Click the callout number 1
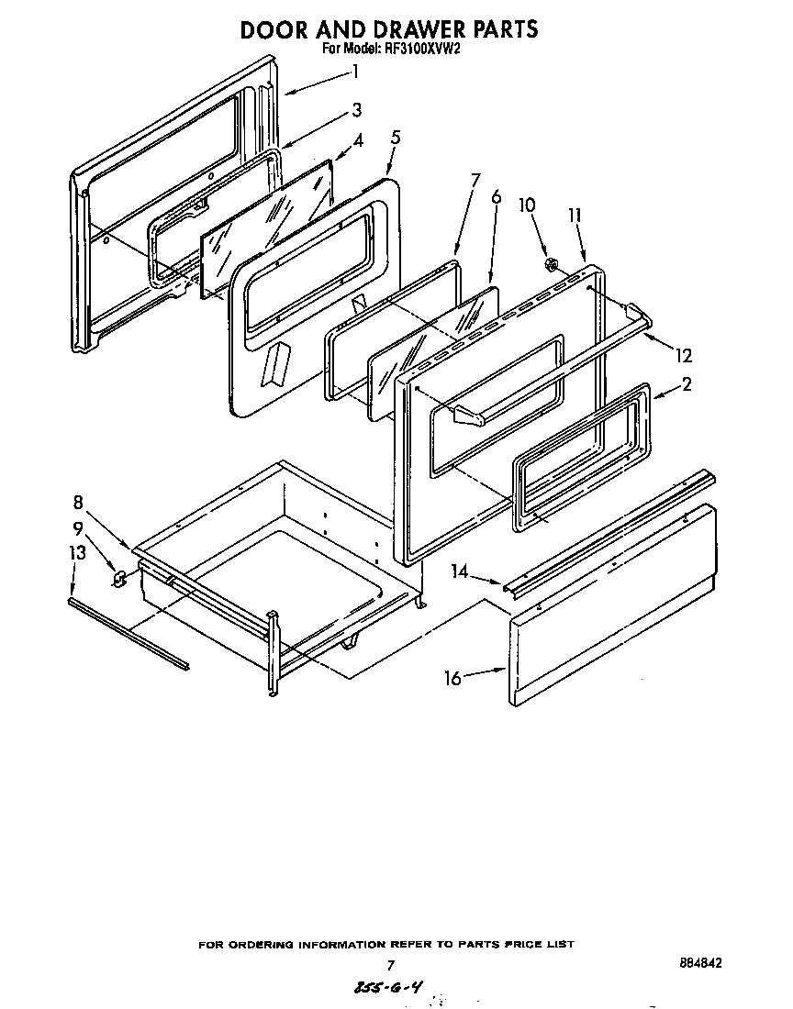354,71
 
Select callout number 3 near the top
356,110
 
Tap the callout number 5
395,138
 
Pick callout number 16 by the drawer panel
452,678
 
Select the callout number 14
461,572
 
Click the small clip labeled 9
119,579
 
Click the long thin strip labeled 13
128,633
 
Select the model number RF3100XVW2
417,50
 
